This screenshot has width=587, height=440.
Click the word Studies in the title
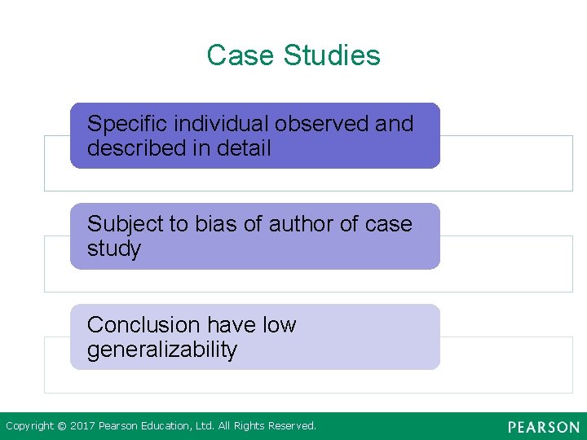[332, 55]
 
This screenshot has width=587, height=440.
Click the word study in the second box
[113, 249]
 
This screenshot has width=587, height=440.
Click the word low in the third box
[279, 325]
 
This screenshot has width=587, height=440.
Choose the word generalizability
[162, 350]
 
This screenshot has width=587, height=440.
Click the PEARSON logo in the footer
[543, 427]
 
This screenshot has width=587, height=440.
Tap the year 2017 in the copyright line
[82, 426]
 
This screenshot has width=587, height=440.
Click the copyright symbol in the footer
[61, 426]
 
